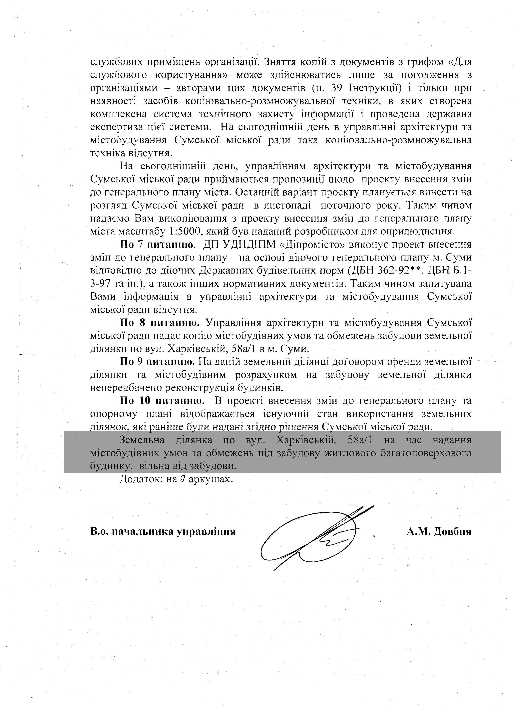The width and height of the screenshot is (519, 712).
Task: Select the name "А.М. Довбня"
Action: click(439, 531)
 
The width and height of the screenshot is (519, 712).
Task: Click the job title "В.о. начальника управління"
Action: click(163, 532)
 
